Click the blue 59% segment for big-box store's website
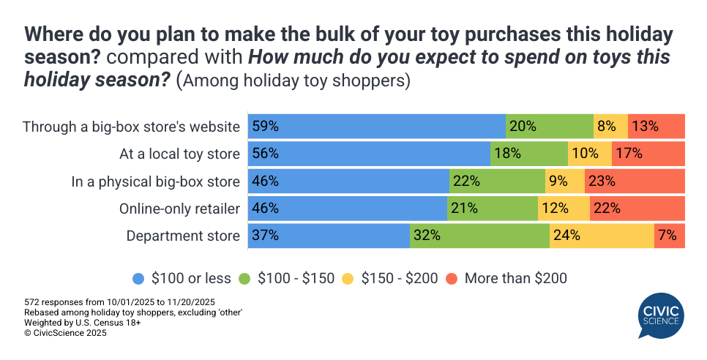point(377,127)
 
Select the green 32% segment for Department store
point(479,236)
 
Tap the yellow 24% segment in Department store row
point(602,236)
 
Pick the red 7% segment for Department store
point(670,236)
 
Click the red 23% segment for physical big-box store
point(635,181)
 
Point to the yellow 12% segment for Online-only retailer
point(564,209)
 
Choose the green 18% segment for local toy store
point(528,154)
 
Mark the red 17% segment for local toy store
point(648,154)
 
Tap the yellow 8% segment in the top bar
point(610,127)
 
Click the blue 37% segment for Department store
point(329,236)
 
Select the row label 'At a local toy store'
point(179,154)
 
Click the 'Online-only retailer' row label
point(179,209)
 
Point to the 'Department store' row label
point(183,236)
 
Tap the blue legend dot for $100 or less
point(139,278)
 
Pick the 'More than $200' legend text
point(516,278)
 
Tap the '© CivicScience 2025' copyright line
point(65,332)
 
